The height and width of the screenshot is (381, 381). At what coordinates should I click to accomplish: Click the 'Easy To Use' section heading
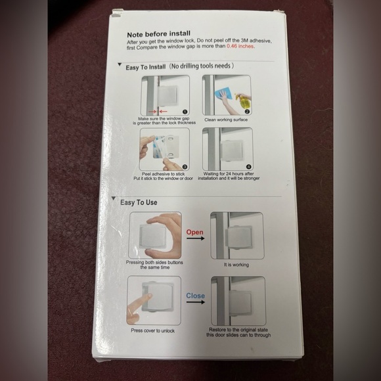[x=138, y=202]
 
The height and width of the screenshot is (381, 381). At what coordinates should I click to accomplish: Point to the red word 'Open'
[x=195, y=232]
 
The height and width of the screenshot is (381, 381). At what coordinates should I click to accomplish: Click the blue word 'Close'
[x=195, y=296]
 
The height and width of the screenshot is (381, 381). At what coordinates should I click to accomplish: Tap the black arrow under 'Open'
[x=195, y=240]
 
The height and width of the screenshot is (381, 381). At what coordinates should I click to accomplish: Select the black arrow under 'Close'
[x=195, y=304]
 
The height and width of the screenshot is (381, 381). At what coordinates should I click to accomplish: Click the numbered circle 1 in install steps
[x=185, y=112]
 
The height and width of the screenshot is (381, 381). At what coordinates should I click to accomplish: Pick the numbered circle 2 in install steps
[x=247, y=112]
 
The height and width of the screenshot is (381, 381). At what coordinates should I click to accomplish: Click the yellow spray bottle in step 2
[x=243, y=98]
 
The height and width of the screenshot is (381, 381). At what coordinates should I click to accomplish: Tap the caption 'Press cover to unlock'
[x=152, y=330]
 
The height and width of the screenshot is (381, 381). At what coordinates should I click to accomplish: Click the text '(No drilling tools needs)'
[x=201, y=67]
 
